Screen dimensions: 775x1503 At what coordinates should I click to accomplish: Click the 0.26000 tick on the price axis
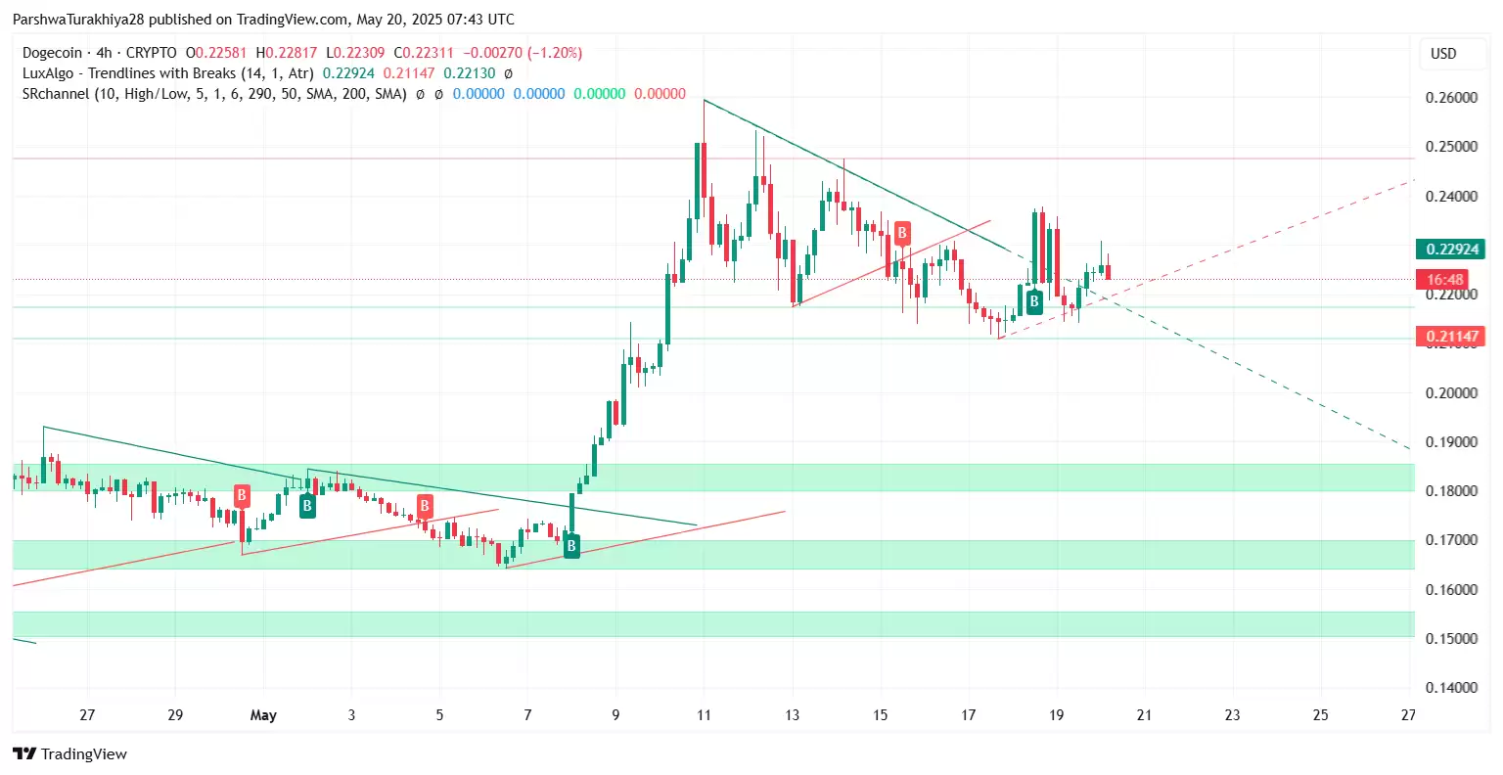1451,98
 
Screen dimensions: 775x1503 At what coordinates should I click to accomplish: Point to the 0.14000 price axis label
1451,688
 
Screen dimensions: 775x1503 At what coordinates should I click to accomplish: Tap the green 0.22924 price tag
1452,250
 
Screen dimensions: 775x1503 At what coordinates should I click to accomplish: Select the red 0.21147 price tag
1452,337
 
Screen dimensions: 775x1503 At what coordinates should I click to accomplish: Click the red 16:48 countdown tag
1444,280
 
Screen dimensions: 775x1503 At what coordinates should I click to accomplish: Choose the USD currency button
1443,54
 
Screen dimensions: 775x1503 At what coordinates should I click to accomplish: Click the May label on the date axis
263,715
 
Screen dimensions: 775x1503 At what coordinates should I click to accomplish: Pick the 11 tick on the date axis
704,715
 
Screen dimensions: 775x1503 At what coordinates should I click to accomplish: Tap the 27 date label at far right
1407,715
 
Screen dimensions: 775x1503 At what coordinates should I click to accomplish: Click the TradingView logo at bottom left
70,753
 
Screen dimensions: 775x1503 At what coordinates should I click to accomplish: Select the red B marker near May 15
901,233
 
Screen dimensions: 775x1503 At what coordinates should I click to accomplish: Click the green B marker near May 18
1033,301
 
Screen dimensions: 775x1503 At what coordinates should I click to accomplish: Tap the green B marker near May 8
571,546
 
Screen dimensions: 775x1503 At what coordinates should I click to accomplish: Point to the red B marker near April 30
242,495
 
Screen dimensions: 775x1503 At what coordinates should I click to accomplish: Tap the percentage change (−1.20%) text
555,53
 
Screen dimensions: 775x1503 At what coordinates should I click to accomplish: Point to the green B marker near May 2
307,506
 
